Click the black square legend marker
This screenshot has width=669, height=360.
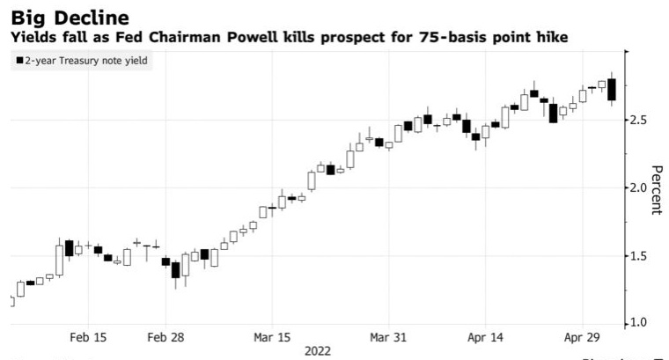coord(18,61)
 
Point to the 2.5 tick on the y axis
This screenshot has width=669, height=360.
coord(639,120)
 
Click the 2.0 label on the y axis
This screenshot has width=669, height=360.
coord(639,187)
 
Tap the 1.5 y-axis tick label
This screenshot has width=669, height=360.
coord(639,256)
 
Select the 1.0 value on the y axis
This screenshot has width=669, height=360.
coord(639,323)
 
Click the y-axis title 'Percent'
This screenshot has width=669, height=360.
coord(656,189)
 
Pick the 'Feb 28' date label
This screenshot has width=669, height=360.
coord(165,337)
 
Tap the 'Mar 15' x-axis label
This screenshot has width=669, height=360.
coord(272,337)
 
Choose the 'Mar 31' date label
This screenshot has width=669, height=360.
coord(388,337)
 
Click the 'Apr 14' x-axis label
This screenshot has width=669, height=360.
coord(485,337)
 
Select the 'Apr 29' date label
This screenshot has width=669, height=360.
coord(582,337)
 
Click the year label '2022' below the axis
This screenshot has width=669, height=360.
coord(318,351)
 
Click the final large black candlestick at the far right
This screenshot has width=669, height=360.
coord(612,90)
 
